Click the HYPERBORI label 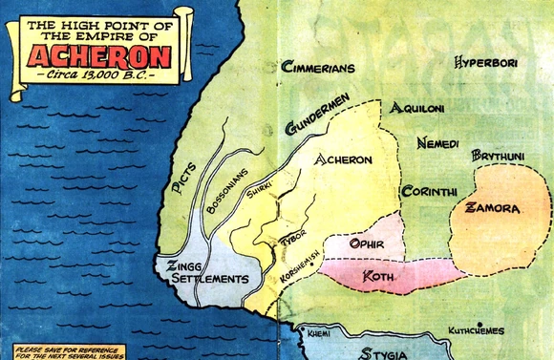click(487, 65)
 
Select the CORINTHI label click(430, 191)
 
